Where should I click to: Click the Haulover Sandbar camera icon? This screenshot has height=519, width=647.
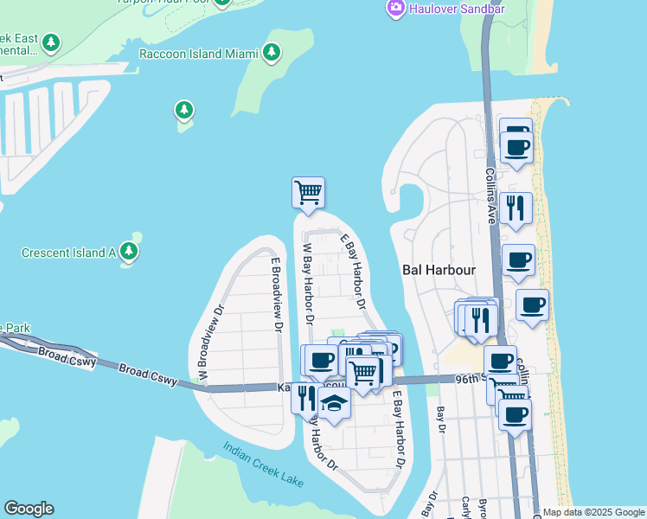point(396,8)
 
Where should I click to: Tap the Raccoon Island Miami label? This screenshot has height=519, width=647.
point(199,54)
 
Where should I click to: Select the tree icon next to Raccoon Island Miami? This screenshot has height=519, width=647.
point(272,53)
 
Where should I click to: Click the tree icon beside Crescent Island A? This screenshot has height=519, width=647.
point(129,252)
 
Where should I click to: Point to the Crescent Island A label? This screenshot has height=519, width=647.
point(68,253)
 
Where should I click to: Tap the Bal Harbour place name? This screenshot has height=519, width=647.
point(439,269)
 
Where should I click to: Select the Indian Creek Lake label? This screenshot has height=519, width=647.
point(263,465)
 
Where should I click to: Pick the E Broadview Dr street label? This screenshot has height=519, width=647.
point(277,295)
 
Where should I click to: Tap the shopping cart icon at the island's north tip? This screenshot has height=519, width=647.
point(309,192)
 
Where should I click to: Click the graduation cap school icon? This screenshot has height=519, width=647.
point(334,402)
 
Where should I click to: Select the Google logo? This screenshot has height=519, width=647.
point(29,509)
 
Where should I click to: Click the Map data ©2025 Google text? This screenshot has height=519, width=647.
point(593,512)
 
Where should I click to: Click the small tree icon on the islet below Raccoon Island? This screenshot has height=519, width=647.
point(183,110)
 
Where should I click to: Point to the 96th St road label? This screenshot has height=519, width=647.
point(467,378)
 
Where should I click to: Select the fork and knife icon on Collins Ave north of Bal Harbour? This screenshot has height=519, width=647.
point(516,208)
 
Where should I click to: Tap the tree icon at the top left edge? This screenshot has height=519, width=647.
point(52,42)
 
